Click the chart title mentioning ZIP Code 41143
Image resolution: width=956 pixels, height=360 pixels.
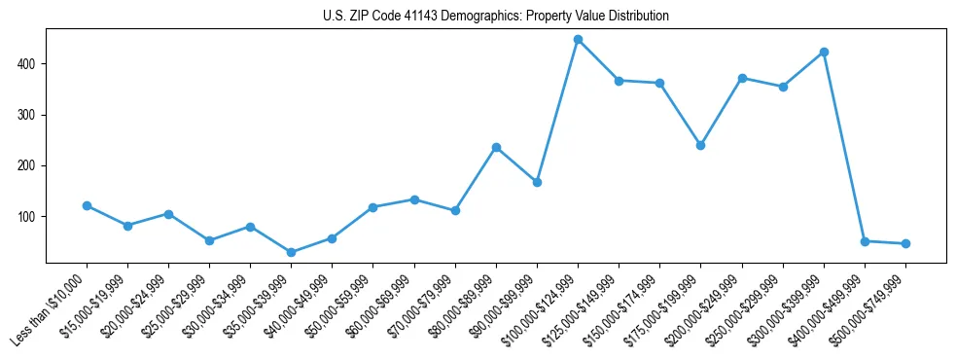click(495, 17)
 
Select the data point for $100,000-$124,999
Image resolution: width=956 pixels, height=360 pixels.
click(578, 40)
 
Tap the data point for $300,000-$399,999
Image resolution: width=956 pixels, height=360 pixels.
click(824, 52)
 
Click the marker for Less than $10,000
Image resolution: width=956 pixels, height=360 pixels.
click(87, 205)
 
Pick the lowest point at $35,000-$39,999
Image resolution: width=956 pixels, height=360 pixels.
click(291, 252)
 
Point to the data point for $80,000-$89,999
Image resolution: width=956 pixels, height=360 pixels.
click(496, 147)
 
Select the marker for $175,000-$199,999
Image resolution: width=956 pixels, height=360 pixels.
click(700, 145)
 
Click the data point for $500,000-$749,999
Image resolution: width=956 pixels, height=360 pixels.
click(905, 243)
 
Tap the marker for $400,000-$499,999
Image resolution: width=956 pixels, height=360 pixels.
click(865, 240)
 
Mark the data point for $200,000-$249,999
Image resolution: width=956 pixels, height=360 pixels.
click(742, 78)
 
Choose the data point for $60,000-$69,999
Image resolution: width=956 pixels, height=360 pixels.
click(414, 199)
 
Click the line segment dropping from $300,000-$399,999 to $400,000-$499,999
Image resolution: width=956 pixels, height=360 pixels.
click(844, 146)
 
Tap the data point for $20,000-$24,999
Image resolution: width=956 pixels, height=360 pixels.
click(168, 214)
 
